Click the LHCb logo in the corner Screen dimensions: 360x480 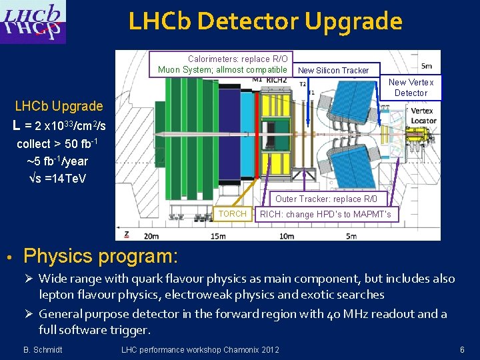34,22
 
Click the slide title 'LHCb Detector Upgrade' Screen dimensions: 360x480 265,21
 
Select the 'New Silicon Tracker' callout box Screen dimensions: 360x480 333,70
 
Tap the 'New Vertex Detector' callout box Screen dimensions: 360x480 411,87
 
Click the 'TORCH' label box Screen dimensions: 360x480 233,214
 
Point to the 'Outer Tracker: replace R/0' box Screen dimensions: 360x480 331,199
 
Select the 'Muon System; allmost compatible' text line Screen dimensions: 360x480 223,70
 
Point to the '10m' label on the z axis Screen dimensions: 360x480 287,236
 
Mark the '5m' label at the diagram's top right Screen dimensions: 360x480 427,66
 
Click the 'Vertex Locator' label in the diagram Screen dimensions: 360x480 423,116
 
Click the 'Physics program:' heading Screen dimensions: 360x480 101,256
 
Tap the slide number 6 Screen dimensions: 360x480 461,350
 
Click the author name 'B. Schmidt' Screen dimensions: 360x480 43,350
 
